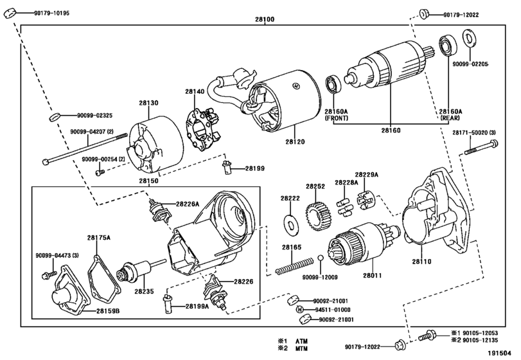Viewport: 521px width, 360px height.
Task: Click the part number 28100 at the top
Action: pyautogui.click(x=265, y=20)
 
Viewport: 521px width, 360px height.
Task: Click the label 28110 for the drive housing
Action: pyautogui.click(x=421, y=262)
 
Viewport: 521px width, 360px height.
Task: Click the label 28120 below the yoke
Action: pyautogui.click(x=295, y=142)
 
